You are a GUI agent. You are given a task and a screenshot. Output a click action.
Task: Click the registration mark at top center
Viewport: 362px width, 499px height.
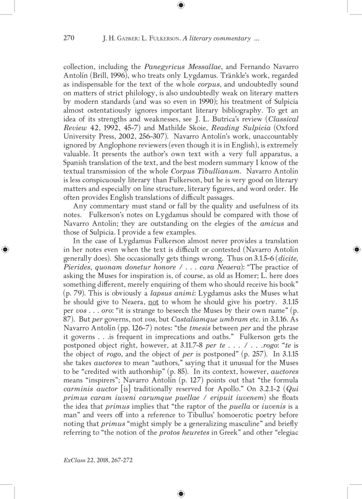click(x=181, y=5)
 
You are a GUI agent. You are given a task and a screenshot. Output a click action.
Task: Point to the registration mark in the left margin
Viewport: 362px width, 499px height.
click(x=5, y=249)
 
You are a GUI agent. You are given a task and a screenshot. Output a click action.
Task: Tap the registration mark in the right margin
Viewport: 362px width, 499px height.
click(x=356, y=249)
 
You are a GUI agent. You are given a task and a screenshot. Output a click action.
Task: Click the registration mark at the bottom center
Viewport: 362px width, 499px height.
click(x=181, y=493)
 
